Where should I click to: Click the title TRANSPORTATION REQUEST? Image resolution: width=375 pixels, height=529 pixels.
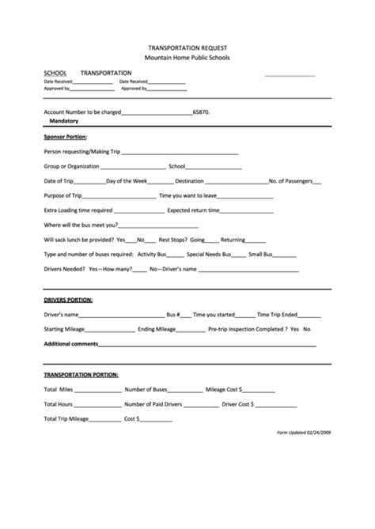(187, 47)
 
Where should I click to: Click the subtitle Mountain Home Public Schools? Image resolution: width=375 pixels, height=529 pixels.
(187, 59)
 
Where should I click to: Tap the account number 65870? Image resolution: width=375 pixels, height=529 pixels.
(201, 113)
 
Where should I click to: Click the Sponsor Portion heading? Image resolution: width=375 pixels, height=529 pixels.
(65, 137)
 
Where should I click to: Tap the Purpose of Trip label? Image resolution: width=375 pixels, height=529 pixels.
(62, 195)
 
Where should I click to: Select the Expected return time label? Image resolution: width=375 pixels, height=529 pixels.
(196, 210)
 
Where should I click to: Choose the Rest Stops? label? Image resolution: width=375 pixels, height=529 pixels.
(173, 240)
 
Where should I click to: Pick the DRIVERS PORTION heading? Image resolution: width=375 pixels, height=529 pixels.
(68, 300)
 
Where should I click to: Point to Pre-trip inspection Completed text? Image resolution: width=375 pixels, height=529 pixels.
(247, 329)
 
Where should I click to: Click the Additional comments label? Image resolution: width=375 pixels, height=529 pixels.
(70, 344)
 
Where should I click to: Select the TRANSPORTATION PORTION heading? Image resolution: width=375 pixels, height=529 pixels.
(81, 374)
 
